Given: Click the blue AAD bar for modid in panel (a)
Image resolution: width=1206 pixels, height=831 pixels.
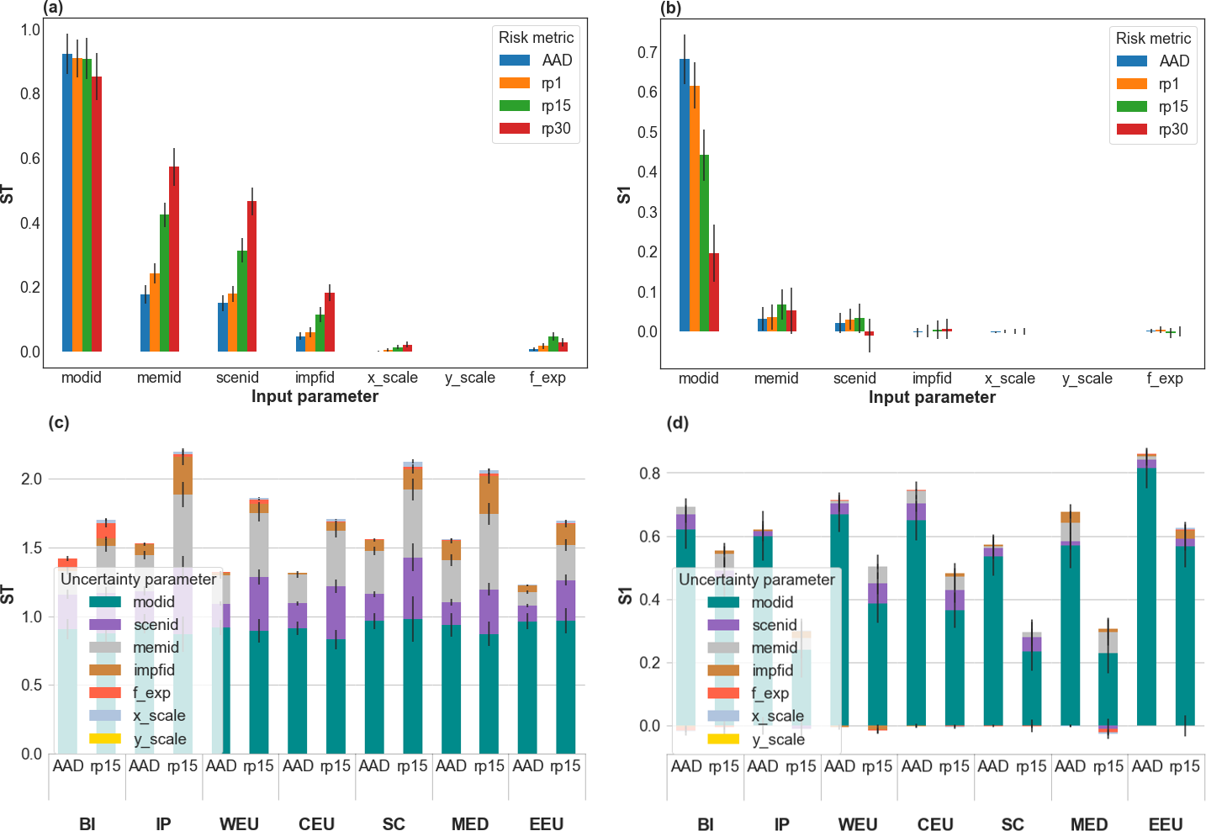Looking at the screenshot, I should click(67, 202).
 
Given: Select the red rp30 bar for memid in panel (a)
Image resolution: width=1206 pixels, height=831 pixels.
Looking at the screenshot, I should click(174, 258).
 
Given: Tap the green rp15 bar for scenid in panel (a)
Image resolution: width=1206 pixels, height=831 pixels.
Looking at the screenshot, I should click(242, 300).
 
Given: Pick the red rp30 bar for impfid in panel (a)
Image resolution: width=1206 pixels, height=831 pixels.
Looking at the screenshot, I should click(330, 321).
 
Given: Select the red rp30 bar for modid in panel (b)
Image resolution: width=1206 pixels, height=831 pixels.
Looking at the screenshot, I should click(714, 292).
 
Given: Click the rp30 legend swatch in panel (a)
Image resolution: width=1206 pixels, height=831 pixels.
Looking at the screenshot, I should click(515, 129).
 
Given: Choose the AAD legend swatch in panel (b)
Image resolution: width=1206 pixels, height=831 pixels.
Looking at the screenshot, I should click(1132, 61).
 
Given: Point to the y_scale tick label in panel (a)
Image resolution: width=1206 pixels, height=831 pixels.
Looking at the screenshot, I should click(470, 378).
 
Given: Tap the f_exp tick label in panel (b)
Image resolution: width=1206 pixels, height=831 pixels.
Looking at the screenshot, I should click(1165, 378).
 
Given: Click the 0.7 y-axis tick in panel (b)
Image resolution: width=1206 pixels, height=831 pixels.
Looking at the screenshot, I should click(648, 52).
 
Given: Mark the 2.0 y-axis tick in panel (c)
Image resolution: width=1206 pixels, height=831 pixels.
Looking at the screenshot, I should click(31, 479).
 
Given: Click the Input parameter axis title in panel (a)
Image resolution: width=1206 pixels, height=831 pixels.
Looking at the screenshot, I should click(315, 396).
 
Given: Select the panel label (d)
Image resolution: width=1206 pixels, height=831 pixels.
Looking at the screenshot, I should click(678, 422).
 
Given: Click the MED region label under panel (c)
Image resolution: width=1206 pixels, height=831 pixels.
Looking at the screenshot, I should click(470, 823).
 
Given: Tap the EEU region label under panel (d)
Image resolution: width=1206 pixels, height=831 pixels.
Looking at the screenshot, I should click(1166, 824).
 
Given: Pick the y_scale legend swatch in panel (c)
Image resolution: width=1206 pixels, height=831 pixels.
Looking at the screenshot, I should click(105, 738).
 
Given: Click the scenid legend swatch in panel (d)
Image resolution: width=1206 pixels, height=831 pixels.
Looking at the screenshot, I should click(723, 625).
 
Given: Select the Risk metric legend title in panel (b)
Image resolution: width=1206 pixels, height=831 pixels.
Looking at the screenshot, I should click(1153, 38).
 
